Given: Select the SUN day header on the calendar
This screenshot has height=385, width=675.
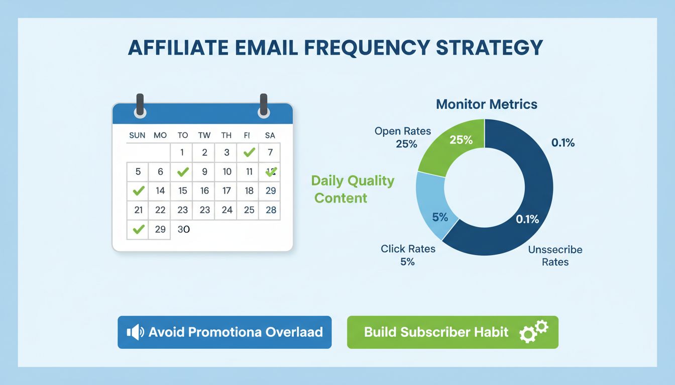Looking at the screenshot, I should [137, 135].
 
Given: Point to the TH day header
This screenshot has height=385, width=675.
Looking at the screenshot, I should [227, 135].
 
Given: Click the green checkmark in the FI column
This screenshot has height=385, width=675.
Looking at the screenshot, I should [249, 152].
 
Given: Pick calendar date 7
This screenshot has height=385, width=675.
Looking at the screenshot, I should [270, 152].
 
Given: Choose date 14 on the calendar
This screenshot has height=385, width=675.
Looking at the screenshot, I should [160, 190].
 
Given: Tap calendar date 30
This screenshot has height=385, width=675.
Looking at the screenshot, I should [183, 229].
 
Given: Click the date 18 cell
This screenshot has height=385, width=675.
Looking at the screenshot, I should [249, 190].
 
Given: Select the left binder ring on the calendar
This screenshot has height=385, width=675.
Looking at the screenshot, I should [140, 106].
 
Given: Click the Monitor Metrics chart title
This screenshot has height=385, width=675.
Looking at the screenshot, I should [486, 104].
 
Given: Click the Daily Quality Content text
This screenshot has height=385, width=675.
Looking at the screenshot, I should [353, 189].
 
